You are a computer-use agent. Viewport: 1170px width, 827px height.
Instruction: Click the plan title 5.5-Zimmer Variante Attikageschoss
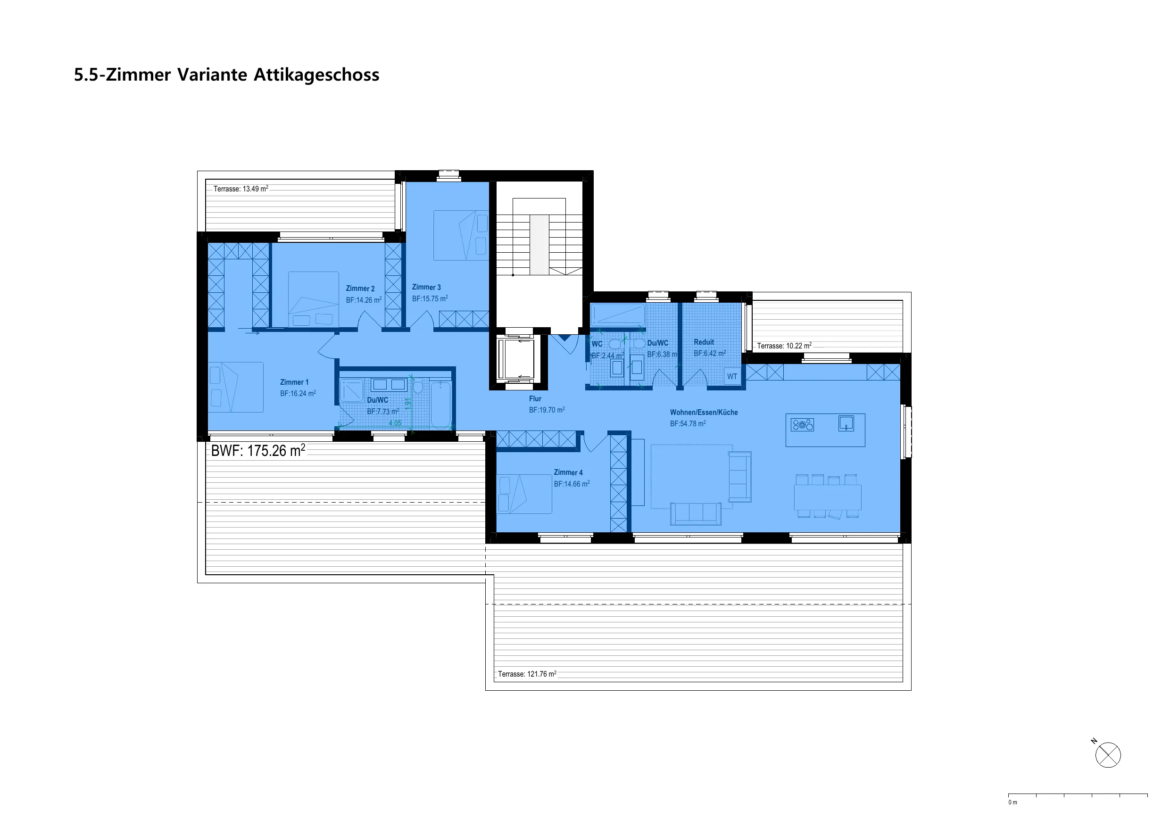(x=227, y=75)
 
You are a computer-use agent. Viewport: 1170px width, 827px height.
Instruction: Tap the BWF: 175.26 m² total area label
(x=258, y=450)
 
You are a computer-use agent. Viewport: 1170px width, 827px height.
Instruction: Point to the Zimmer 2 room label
(x=360, y=289)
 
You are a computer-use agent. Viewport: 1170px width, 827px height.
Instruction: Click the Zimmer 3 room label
(x=426, y=288)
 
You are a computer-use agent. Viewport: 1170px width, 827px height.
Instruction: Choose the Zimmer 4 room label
(x=568, y=472)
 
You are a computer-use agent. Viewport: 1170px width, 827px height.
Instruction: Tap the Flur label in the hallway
(x=535, y=398)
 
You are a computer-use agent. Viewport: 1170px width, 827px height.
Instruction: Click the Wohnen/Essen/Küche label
(x=704, y=412)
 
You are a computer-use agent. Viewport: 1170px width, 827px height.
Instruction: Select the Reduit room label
(x=704, y=342)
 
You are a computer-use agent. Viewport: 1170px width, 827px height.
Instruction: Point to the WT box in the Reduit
(x=732, y=377)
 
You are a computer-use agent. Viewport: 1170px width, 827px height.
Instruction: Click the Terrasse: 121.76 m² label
(x=527, y=674)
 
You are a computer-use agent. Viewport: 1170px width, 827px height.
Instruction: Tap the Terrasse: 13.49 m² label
(x=241, y=189)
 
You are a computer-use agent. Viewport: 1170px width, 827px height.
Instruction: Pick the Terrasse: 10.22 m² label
(x=784, y=346)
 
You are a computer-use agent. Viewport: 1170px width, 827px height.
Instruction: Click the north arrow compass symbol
(x=1108, y=755)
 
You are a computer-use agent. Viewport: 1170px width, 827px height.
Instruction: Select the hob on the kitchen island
(x=802, y=424)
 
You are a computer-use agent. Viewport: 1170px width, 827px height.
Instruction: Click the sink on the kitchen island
(x=846, y=423)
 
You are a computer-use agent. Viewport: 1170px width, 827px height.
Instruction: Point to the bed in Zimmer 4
(x=524, y=494)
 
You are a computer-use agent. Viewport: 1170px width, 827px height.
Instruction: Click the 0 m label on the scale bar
(x=1012, y=802)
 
